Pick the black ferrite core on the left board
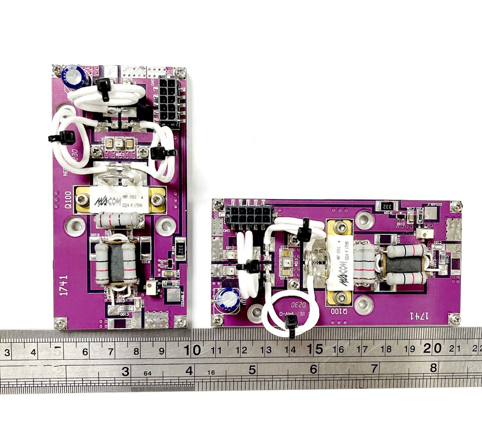[x=116, y=263]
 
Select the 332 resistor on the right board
[x=387, y=206]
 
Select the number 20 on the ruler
[x=435, y=348]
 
